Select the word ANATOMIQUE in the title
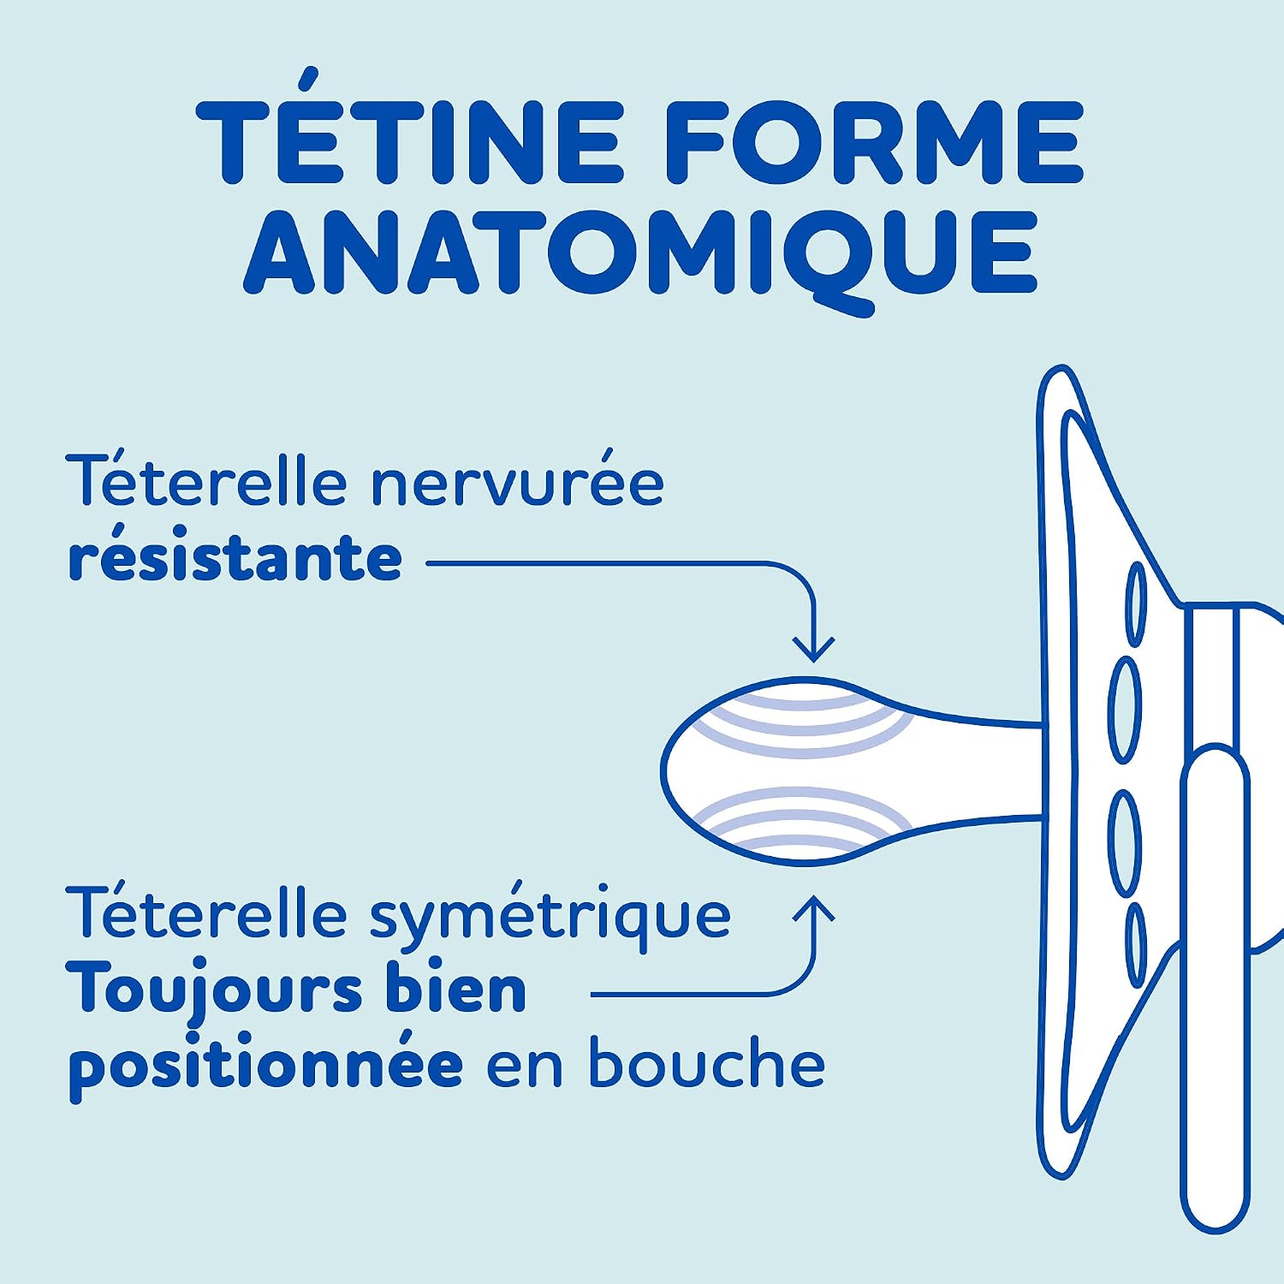(x=641, y=255)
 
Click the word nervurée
(x=517, y=483)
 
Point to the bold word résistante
(x=235, y=557)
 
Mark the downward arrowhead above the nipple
(x=813, y=650)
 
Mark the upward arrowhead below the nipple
(x=813, y=908)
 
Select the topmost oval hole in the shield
(x=1135, y=603)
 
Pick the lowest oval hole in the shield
(x=1135, y=944)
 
